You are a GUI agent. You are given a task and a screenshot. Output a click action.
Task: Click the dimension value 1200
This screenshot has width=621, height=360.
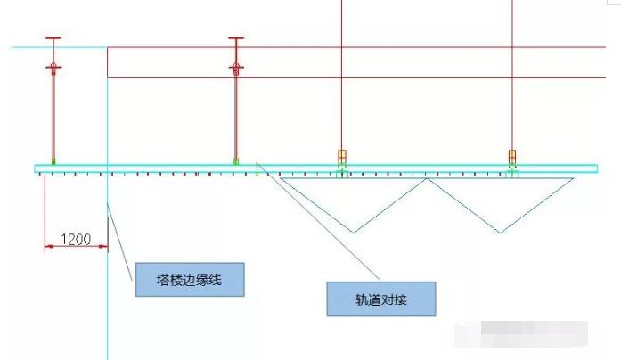click(x=76, y=239)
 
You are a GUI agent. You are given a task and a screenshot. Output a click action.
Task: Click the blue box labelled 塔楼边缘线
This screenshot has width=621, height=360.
click(x=190, y=280)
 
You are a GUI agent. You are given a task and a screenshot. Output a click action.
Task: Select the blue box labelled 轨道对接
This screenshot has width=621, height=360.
click(x=381, y=299)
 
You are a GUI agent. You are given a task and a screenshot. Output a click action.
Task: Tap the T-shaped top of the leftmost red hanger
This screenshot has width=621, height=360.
click(x=53, y=38)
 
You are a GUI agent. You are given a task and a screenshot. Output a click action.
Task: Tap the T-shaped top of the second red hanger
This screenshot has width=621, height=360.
click(x=236, y=38)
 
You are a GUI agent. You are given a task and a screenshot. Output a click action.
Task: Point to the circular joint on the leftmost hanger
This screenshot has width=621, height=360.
click(x=53, y=66)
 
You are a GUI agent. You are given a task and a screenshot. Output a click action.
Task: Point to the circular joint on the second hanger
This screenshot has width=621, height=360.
click(x=236, y=66)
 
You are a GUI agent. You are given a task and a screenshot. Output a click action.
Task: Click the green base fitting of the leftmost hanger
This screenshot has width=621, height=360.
click(x=53, y=160)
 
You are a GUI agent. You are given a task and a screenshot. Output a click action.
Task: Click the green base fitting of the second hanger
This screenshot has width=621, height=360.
click(x=236, y=160)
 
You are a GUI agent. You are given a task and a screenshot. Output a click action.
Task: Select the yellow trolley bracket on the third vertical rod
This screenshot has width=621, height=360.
click(x=342, y=157)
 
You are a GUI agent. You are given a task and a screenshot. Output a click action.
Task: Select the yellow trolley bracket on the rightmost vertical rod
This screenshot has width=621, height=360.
click(x=512, y=157)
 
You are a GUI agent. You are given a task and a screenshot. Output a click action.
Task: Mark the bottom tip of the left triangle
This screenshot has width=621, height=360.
click(x=354, y=233)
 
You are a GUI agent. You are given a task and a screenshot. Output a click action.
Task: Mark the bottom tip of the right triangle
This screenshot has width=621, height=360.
click(x=500, y=233)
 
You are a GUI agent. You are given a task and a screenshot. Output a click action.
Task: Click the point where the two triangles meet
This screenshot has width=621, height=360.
click(x=428, y=178)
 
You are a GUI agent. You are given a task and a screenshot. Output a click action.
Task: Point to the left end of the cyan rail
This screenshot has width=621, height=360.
click(x=36, y=168)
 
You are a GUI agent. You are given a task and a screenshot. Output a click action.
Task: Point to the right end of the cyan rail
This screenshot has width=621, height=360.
click(x=597, y=168)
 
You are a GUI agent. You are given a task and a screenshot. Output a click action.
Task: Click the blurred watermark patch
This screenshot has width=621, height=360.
click(x=521, y=334)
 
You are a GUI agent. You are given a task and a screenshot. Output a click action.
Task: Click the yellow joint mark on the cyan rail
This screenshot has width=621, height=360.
click(x=257, y=168)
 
